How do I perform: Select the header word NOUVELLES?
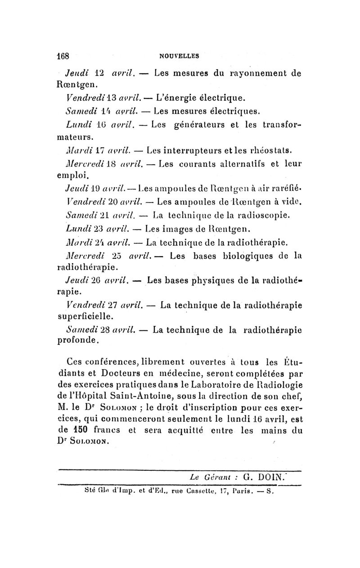pyautogui.click(x=180, y=57)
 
